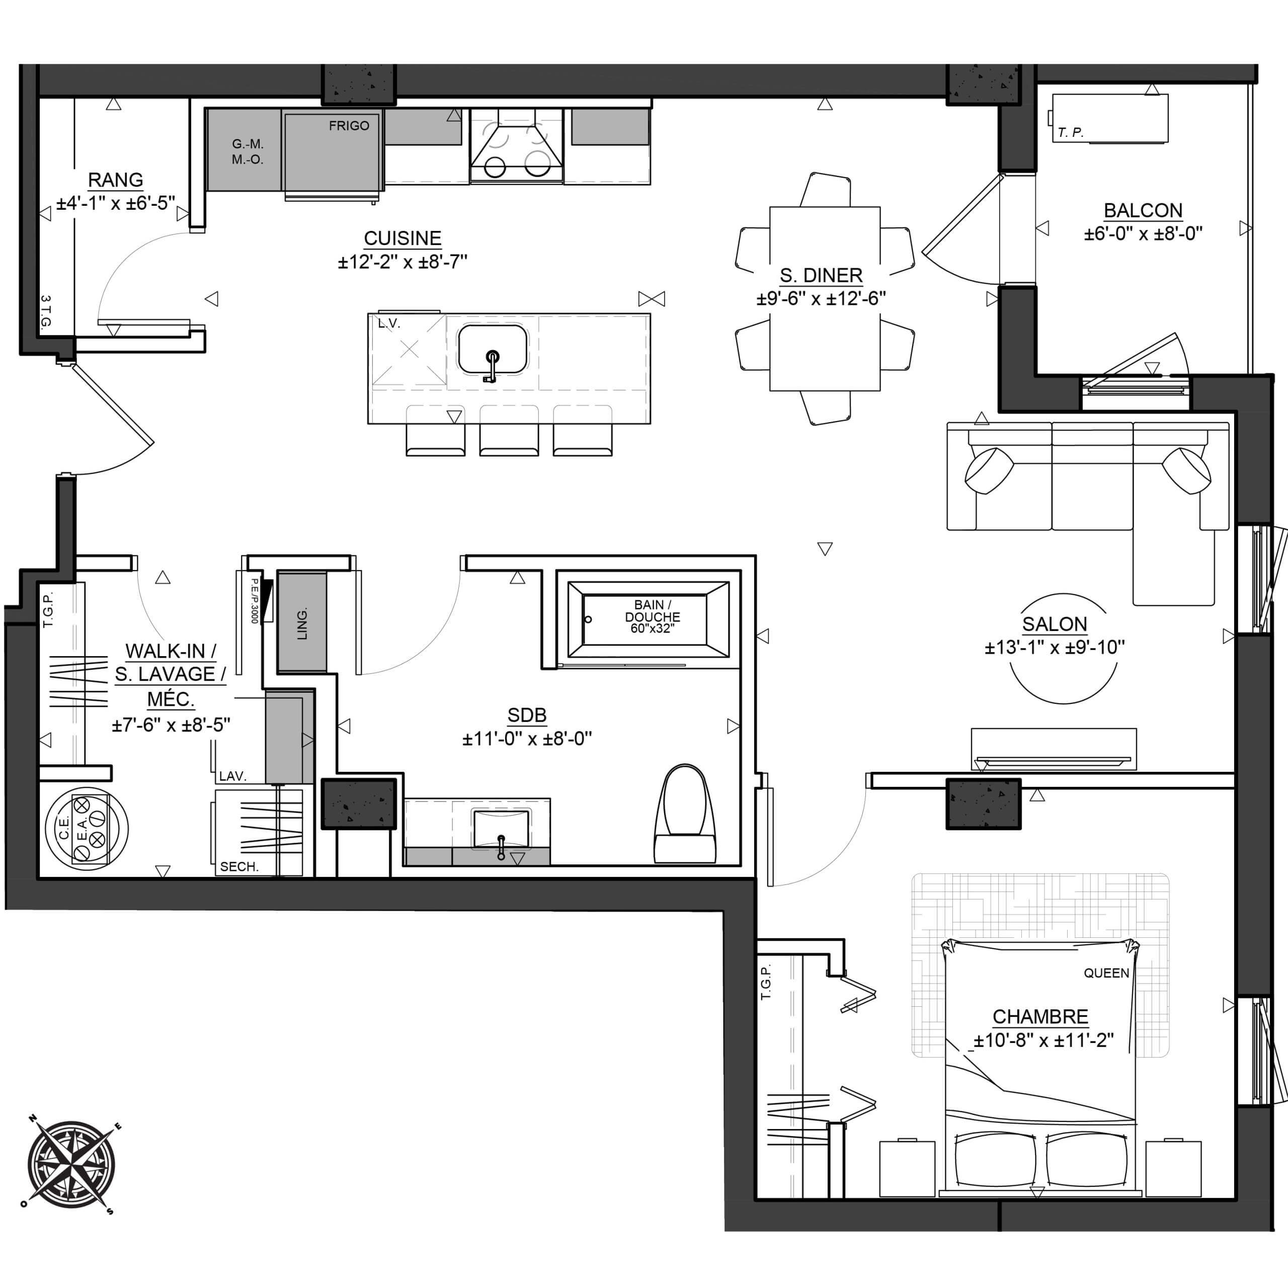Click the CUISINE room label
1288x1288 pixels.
pos(402,238)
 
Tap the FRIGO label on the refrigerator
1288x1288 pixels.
pos(349,125)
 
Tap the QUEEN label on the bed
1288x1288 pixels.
pos(1106,974)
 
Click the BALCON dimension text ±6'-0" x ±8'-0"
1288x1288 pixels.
pos(1143,234)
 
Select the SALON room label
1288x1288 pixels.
pos(1055,624)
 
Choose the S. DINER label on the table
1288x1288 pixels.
pos(821,275)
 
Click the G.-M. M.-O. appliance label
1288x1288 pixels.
pos(248,151)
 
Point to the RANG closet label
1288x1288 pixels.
pos(115,180)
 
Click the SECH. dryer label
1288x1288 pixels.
pos(238,867)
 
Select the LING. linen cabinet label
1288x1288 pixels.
pos(302,623)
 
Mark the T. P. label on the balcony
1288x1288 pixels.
pos(1070,133)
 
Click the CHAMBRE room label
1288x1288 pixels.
pos(1040,1017)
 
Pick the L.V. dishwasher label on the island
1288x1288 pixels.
pos(389,324)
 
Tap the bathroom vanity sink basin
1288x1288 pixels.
pos(501,829)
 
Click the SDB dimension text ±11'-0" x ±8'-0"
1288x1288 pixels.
pos(527,739)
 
